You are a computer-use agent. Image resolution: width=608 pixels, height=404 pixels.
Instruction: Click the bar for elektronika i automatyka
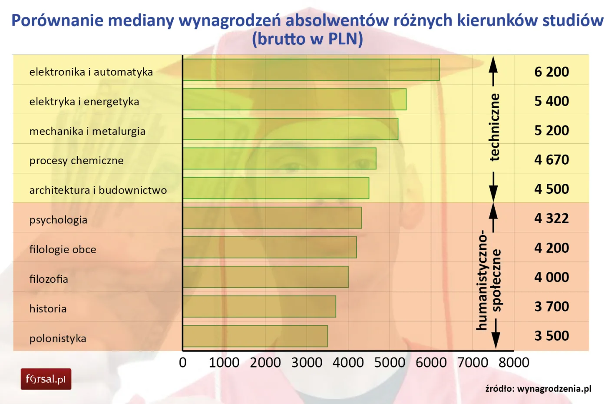[311, 70]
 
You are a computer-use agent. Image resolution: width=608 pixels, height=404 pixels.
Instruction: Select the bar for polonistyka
[255, 336]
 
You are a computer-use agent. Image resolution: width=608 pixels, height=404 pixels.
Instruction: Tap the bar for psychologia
[272, 218]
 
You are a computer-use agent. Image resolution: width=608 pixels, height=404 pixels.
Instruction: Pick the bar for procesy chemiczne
[279, 159]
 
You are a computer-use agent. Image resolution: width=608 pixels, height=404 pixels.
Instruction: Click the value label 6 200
[551, 72]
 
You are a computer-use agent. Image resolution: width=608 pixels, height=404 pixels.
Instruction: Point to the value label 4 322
[551, 218]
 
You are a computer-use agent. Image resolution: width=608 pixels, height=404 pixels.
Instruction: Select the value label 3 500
[551, 336]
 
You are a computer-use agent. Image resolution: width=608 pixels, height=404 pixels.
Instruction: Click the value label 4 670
[551, 159]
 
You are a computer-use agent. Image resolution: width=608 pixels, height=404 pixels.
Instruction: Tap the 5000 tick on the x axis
[390, 362]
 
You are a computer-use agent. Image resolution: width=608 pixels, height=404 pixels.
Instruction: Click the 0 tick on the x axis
[183, 362]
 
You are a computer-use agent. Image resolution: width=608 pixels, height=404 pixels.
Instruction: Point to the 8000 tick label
[514, 362]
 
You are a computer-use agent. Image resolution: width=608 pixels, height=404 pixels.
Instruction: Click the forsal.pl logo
[46, 379]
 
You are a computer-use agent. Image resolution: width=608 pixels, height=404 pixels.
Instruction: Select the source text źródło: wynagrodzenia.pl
[538, 388]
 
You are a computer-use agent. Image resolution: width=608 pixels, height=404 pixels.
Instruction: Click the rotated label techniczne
[494, 127]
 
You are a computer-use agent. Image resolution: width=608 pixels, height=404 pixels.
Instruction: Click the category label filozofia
[49, 279]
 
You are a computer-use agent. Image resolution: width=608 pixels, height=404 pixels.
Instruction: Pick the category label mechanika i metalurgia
[87, 131]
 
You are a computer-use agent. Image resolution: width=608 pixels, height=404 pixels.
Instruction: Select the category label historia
[48, 309]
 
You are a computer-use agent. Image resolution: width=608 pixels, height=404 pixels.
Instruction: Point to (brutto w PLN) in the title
[307, 39]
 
